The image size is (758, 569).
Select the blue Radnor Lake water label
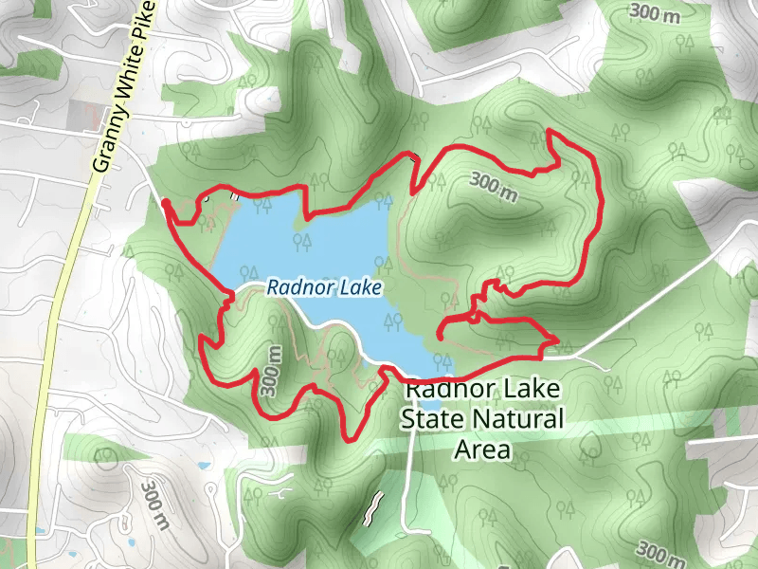324,285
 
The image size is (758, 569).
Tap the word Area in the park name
482,449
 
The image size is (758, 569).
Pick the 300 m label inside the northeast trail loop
494,186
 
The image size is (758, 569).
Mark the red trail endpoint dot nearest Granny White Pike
166,203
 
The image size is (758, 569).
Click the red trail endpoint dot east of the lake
441,333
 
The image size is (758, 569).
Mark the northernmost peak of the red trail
550,132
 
